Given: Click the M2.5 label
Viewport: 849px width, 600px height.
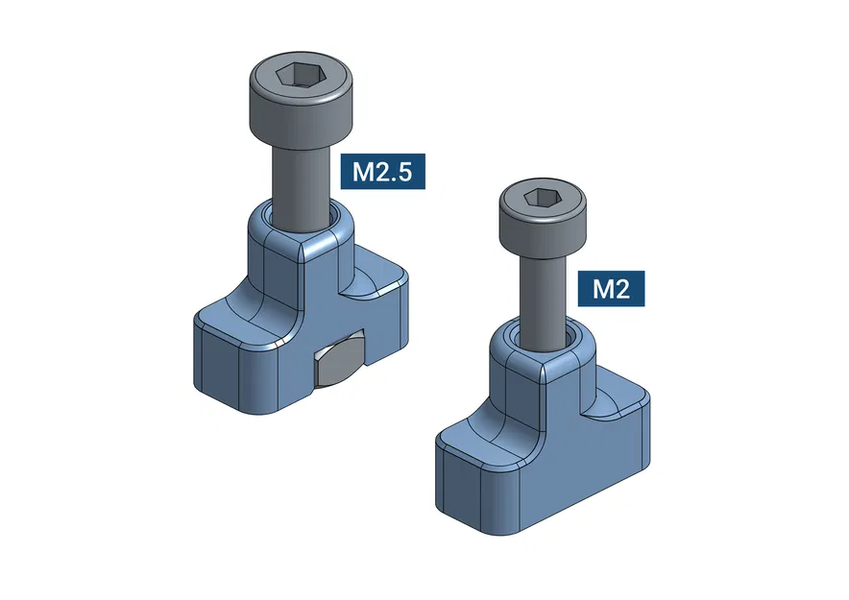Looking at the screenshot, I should click(383, 171).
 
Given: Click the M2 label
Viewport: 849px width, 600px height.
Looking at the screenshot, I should click(611, 289).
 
